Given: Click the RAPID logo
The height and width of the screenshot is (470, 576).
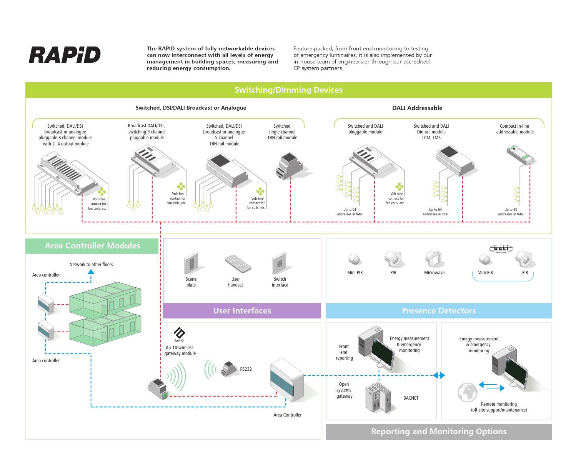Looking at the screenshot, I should (65, 55).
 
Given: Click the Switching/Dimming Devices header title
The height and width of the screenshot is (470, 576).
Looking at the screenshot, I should (288, 90).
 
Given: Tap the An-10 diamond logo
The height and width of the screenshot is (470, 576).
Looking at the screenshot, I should (179, 333).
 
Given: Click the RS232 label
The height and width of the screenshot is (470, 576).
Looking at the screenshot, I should (246, 369).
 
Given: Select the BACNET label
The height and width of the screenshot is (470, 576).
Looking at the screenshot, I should (411, 398).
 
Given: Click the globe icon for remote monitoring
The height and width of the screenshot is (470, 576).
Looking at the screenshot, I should (467, 392).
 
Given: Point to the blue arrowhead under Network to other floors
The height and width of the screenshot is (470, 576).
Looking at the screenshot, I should (91, 272).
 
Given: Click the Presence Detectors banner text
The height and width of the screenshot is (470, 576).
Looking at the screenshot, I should (438, 311).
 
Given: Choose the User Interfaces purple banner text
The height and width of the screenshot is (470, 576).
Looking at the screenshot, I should (242, 311).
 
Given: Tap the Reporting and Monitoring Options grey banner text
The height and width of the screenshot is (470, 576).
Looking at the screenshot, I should (438, 432).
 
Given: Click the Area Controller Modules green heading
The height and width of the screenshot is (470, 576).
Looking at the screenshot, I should (92, 246).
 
